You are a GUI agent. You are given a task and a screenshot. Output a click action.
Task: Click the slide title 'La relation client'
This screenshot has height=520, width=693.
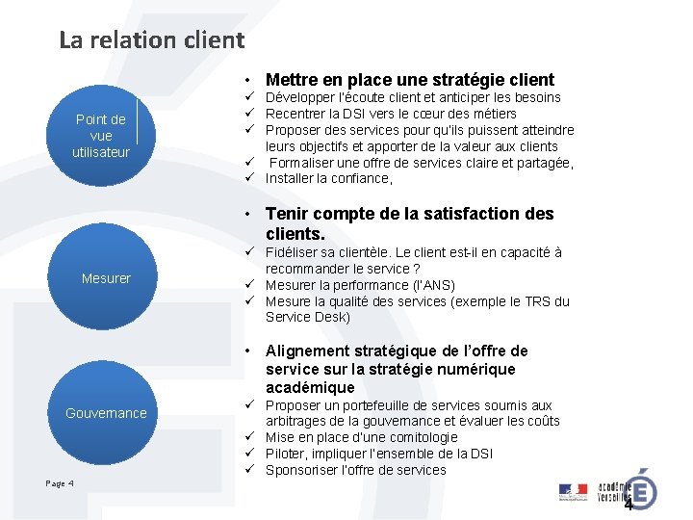point(152,40)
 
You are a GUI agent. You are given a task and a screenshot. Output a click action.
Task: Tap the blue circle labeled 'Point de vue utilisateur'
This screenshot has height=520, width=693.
point(100,134)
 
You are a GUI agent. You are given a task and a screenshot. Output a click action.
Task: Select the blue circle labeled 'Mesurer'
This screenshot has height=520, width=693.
point(106,278)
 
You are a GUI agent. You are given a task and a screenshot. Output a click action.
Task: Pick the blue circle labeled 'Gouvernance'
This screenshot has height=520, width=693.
point(106,413)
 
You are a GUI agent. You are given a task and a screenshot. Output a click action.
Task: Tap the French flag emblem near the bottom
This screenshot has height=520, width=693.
point(573,491)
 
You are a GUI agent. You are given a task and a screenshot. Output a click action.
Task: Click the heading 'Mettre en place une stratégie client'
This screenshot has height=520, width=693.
point(409,80)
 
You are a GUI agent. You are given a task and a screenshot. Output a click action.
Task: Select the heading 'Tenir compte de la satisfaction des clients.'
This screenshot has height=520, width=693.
point(409,223)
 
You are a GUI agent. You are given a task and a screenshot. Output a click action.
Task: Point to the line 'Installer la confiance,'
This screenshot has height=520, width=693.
point(328,179)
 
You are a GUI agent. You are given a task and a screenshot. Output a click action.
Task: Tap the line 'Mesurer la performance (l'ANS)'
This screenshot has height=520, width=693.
point(360,285)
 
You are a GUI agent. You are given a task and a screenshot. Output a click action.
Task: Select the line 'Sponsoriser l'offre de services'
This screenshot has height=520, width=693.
point(355,470)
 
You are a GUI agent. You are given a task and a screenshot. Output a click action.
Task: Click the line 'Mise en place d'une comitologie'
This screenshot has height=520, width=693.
point(361,437)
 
